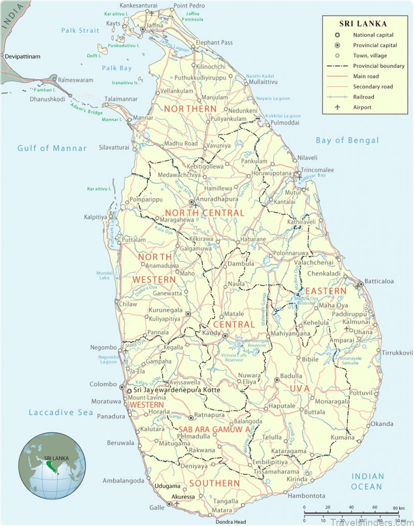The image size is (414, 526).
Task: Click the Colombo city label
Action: (x=103, y=384)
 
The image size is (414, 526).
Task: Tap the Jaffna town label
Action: (x=155, y=24)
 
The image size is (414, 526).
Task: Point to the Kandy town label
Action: (x=212, y=333)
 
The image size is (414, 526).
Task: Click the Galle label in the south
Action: (x=158, y=507)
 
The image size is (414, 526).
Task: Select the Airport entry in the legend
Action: (x=362, y=108)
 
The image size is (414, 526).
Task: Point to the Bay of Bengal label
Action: (x=347, y=140)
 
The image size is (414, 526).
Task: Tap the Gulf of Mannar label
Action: (x=52, y=148)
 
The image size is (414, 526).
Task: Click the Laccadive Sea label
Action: (x=61, y=412)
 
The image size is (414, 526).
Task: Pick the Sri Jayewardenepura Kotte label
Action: (x=177, y=390)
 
